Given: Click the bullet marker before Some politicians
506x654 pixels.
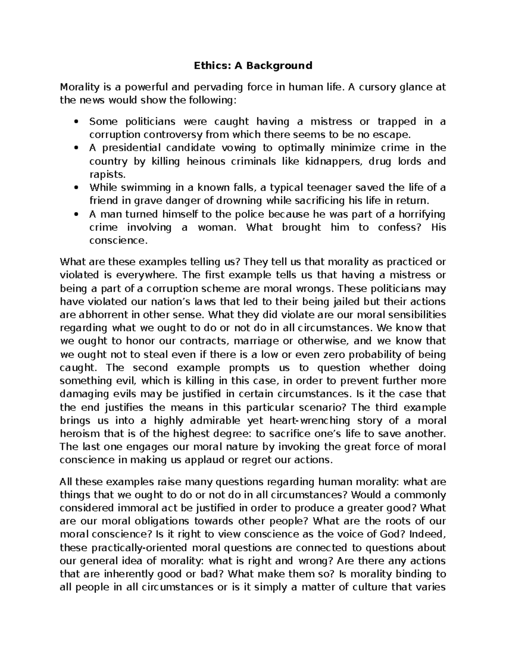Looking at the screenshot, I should click(x=76, y=122).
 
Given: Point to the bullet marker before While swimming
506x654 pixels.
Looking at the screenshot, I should click(x=76, y=188).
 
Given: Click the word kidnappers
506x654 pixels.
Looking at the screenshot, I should click(x=333, y=161).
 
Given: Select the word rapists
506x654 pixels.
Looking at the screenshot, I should click(x=107, y=174).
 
